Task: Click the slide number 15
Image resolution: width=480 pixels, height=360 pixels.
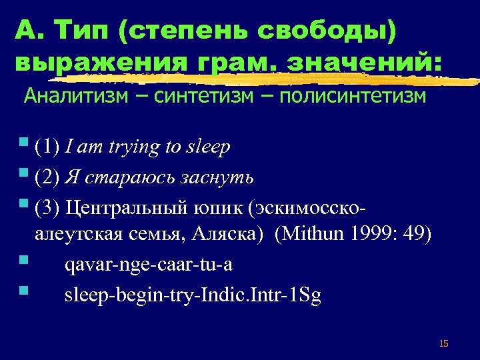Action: tap(444, 343)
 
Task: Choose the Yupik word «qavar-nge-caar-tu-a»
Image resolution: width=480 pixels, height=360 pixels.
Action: tap(148, 265)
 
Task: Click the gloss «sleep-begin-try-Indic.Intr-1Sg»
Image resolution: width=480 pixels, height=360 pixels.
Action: tap(193, 295)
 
